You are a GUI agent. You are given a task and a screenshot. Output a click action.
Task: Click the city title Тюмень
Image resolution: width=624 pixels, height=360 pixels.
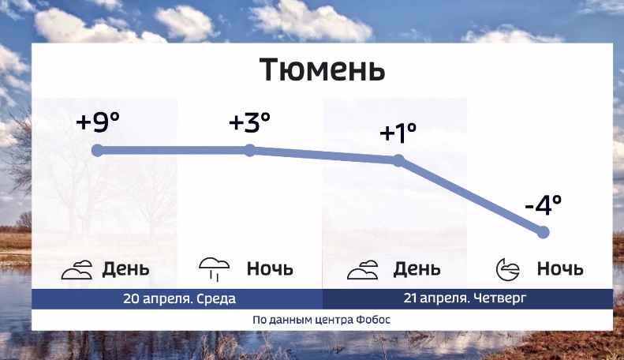[x=323, y=69]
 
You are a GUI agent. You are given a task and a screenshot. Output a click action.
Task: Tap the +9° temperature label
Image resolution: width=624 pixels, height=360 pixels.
[x=98, y=122]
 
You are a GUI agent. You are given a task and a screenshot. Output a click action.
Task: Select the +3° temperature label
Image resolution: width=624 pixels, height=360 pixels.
[x=249, y=122]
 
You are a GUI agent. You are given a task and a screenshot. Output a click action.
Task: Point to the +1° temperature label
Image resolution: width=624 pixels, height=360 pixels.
[x=398, y=133]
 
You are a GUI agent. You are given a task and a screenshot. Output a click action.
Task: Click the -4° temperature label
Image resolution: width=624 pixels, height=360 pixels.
[x=544, y=204]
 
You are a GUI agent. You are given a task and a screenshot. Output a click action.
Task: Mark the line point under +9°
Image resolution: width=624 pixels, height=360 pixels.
[x=98, y=151]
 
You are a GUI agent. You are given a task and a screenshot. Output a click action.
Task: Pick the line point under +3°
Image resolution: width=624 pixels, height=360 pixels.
[x=249, y=151]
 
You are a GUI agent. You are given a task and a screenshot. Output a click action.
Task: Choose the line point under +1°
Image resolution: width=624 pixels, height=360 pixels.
[x=398, y=160]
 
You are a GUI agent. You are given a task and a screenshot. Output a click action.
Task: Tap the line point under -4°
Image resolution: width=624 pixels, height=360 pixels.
[x=544, y=232]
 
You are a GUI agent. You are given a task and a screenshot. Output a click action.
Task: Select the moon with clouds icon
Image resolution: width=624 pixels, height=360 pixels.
[x=508, y=269]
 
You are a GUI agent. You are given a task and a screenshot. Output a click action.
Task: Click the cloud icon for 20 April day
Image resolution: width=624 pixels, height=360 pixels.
[x=77, y=269]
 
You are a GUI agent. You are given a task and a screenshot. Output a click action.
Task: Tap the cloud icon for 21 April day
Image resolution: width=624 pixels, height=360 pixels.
[x=363, y=269]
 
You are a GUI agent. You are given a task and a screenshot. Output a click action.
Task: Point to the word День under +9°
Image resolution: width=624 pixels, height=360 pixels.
[x=125, y=269]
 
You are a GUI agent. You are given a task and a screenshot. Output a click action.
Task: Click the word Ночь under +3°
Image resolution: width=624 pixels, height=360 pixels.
[x=270, y=268]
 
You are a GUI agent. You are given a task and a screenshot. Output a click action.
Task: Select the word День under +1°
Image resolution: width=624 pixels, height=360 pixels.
[x=417, y=269]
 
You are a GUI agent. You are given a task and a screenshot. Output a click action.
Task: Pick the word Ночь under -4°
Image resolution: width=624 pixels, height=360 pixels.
[x=560, y=268]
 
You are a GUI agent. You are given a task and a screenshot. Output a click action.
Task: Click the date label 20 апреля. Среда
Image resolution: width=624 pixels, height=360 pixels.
[x=180, y=298]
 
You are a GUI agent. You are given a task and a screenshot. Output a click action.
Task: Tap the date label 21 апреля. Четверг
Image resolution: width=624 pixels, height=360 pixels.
[x=465, y=298]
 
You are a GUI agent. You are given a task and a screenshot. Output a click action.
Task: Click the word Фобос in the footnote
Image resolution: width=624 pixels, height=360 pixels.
[x=373, y=320]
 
